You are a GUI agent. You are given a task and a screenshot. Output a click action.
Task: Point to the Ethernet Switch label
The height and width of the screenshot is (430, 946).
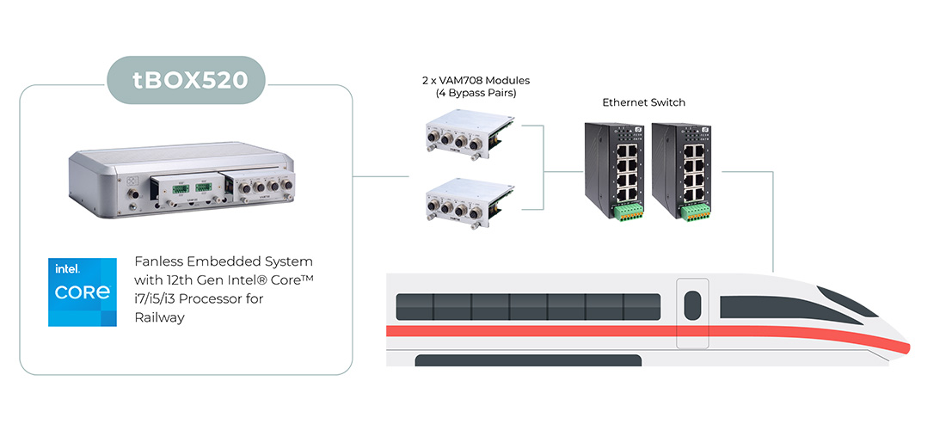point(643,103)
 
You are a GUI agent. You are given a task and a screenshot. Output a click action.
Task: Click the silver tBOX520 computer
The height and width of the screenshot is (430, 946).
point(182,185)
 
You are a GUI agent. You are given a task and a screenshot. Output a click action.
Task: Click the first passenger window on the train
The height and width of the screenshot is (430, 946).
point(413,305)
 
